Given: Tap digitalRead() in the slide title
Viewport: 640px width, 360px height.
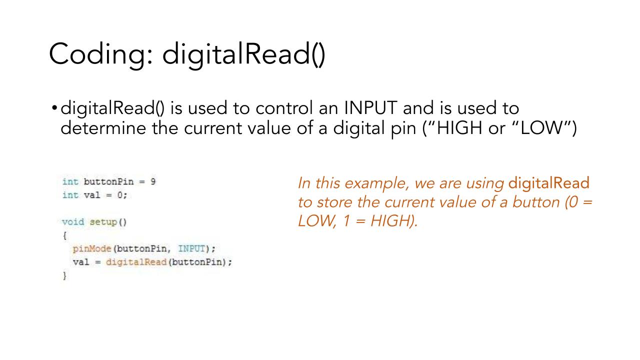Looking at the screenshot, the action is pyautogui.click(x=244, y=55).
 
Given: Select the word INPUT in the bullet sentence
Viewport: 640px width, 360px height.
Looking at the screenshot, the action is pyautogui.click(x=370, y=107).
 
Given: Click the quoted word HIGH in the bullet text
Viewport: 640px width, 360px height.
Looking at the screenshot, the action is pyautogui.click(x=459, y=127).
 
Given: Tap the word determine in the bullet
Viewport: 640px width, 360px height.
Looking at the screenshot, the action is pyautogui.click(x=103, y=127).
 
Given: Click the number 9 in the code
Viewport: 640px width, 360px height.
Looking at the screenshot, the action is pyautogui.click(x=153, y=181).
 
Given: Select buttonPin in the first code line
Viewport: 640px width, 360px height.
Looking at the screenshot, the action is pyautogui.click(x=108, y=181).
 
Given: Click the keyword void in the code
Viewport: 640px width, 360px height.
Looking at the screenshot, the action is pyautogui.click(x=73, y=222).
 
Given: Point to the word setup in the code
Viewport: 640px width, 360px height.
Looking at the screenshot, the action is pyautogui.click(x=103, y=222).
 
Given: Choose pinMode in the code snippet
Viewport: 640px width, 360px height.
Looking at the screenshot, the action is pyautogui.click(x=91, y=249).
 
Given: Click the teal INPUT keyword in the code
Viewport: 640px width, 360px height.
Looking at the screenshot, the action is pyautogui.click(x=191, y=249).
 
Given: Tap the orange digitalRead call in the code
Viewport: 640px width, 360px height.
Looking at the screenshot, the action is pyautogui.click(x=136, y=262).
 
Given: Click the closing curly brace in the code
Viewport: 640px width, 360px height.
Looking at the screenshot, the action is pyautogui.click(x=64, y=275).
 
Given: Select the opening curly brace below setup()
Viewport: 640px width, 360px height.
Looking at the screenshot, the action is pyautogui.click(x=64, y=235).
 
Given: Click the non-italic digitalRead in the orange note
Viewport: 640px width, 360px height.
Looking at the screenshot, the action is pyautogui.click(x=548, y=183).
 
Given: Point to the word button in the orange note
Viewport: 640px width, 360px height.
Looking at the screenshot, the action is pyautogui.click(x=535, y=202).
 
